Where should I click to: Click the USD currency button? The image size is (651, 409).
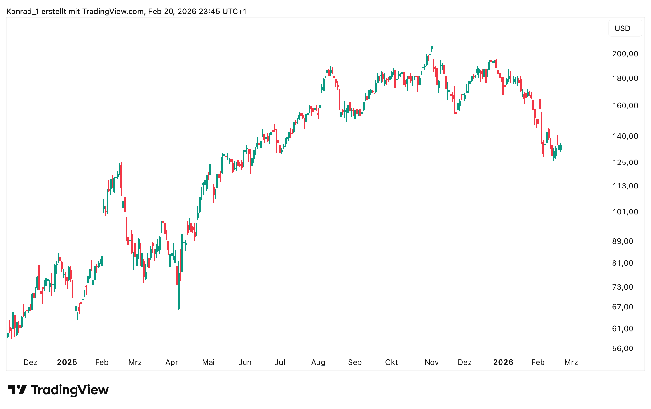pos(622,28)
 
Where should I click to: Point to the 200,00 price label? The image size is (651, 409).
pos(625,54)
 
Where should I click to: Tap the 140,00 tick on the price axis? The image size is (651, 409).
pos(625,136)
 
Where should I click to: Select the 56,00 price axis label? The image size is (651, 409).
pos(623,349)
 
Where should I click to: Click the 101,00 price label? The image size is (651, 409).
pos(625,212)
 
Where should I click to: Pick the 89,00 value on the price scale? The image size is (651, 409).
pos(623,241)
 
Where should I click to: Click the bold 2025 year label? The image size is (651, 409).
pos(67,362)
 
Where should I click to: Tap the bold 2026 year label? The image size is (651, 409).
pos(503,362)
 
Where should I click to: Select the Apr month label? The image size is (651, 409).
pos(172,362)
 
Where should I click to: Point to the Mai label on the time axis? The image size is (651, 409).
pos(208,362)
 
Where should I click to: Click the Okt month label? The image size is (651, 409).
pos(391,362)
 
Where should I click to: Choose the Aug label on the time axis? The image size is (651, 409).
pos(318,362)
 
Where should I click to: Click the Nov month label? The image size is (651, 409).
pos(431,362)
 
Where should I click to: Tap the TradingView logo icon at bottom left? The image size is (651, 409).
pos(17,390)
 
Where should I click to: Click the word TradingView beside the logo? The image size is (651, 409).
pos(70,390)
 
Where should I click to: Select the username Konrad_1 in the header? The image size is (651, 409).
pos(23,12)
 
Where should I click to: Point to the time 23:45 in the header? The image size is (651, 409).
pos(209,12)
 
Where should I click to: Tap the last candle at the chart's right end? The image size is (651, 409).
pos(560,147)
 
